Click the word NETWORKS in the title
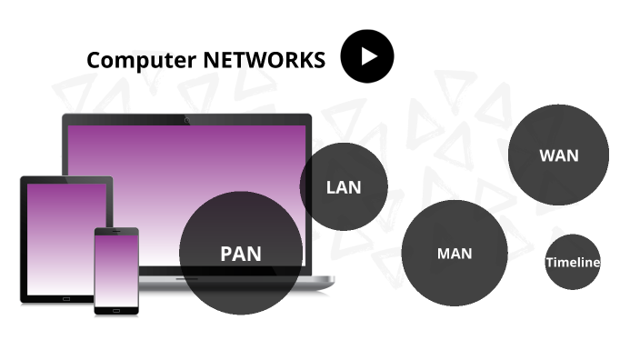(x=264, y=60)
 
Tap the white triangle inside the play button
(x=368, y=56)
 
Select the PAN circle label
(x=240, y=254)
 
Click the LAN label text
(x=344, y=188)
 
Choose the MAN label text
(x=455, y=253)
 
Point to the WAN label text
(x=558, y=155)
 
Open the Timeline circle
(x=573, y=262)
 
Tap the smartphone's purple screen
(x=116, y=269)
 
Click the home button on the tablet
(x=65, y=297)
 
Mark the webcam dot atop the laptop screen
(x=186, y=120)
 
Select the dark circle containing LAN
(x=344, y=168)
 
